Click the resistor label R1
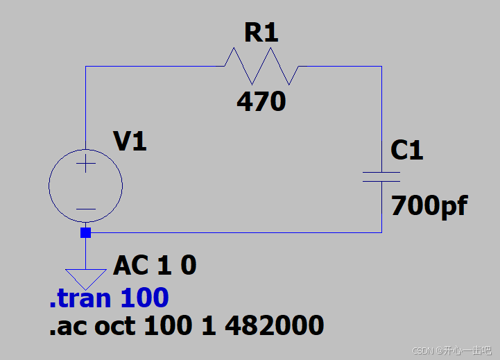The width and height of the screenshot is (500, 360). (x=261, y=33)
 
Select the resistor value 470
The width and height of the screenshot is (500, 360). (x=261, y=102)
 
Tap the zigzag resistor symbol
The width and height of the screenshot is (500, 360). (x=261, y=66)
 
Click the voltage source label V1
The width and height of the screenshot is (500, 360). (x=130, y=142)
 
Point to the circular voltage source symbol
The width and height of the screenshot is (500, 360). (x=85, y=186)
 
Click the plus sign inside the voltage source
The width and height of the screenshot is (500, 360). (x=85, y=165)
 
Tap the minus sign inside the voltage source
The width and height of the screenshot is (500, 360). (x=85, y=208)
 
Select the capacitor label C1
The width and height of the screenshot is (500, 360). (x=407, y=150)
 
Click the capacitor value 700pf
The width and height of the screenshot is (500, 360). (x=429, y=206)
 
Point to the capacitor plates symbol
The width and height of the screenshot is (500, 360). (x=381, y=177)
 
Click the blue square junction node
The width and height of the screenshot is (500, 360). (x=85, y=233)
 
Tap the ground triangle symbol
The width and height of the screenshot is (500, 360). (x=85, y=278)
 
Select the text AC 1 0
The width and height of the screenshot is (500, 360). (x=155, y=265)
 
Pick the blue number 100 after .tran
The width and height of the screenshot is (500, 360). (x=144, y=298)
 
